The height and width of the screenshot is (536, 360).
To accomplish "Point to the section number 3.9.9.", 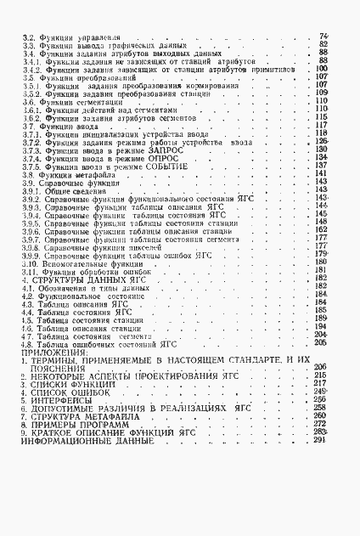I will point(32,255).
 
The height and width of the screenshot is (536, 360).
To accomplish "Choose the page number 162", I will point(321,230).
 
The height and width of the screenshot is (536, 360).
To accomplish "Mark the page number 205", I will point(321,342).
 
